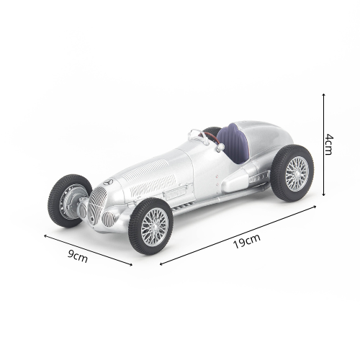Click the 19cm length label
tap(247, 241)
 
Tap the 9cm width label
tap(77, 256)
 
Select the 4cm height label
tap(329, 145)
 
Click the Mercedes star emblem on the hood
tap(108, 182)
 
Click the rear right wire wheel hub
tap(297, 174)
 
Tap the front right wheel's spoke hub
tap(154, 227)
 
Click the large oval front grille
tap(97, 206)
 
